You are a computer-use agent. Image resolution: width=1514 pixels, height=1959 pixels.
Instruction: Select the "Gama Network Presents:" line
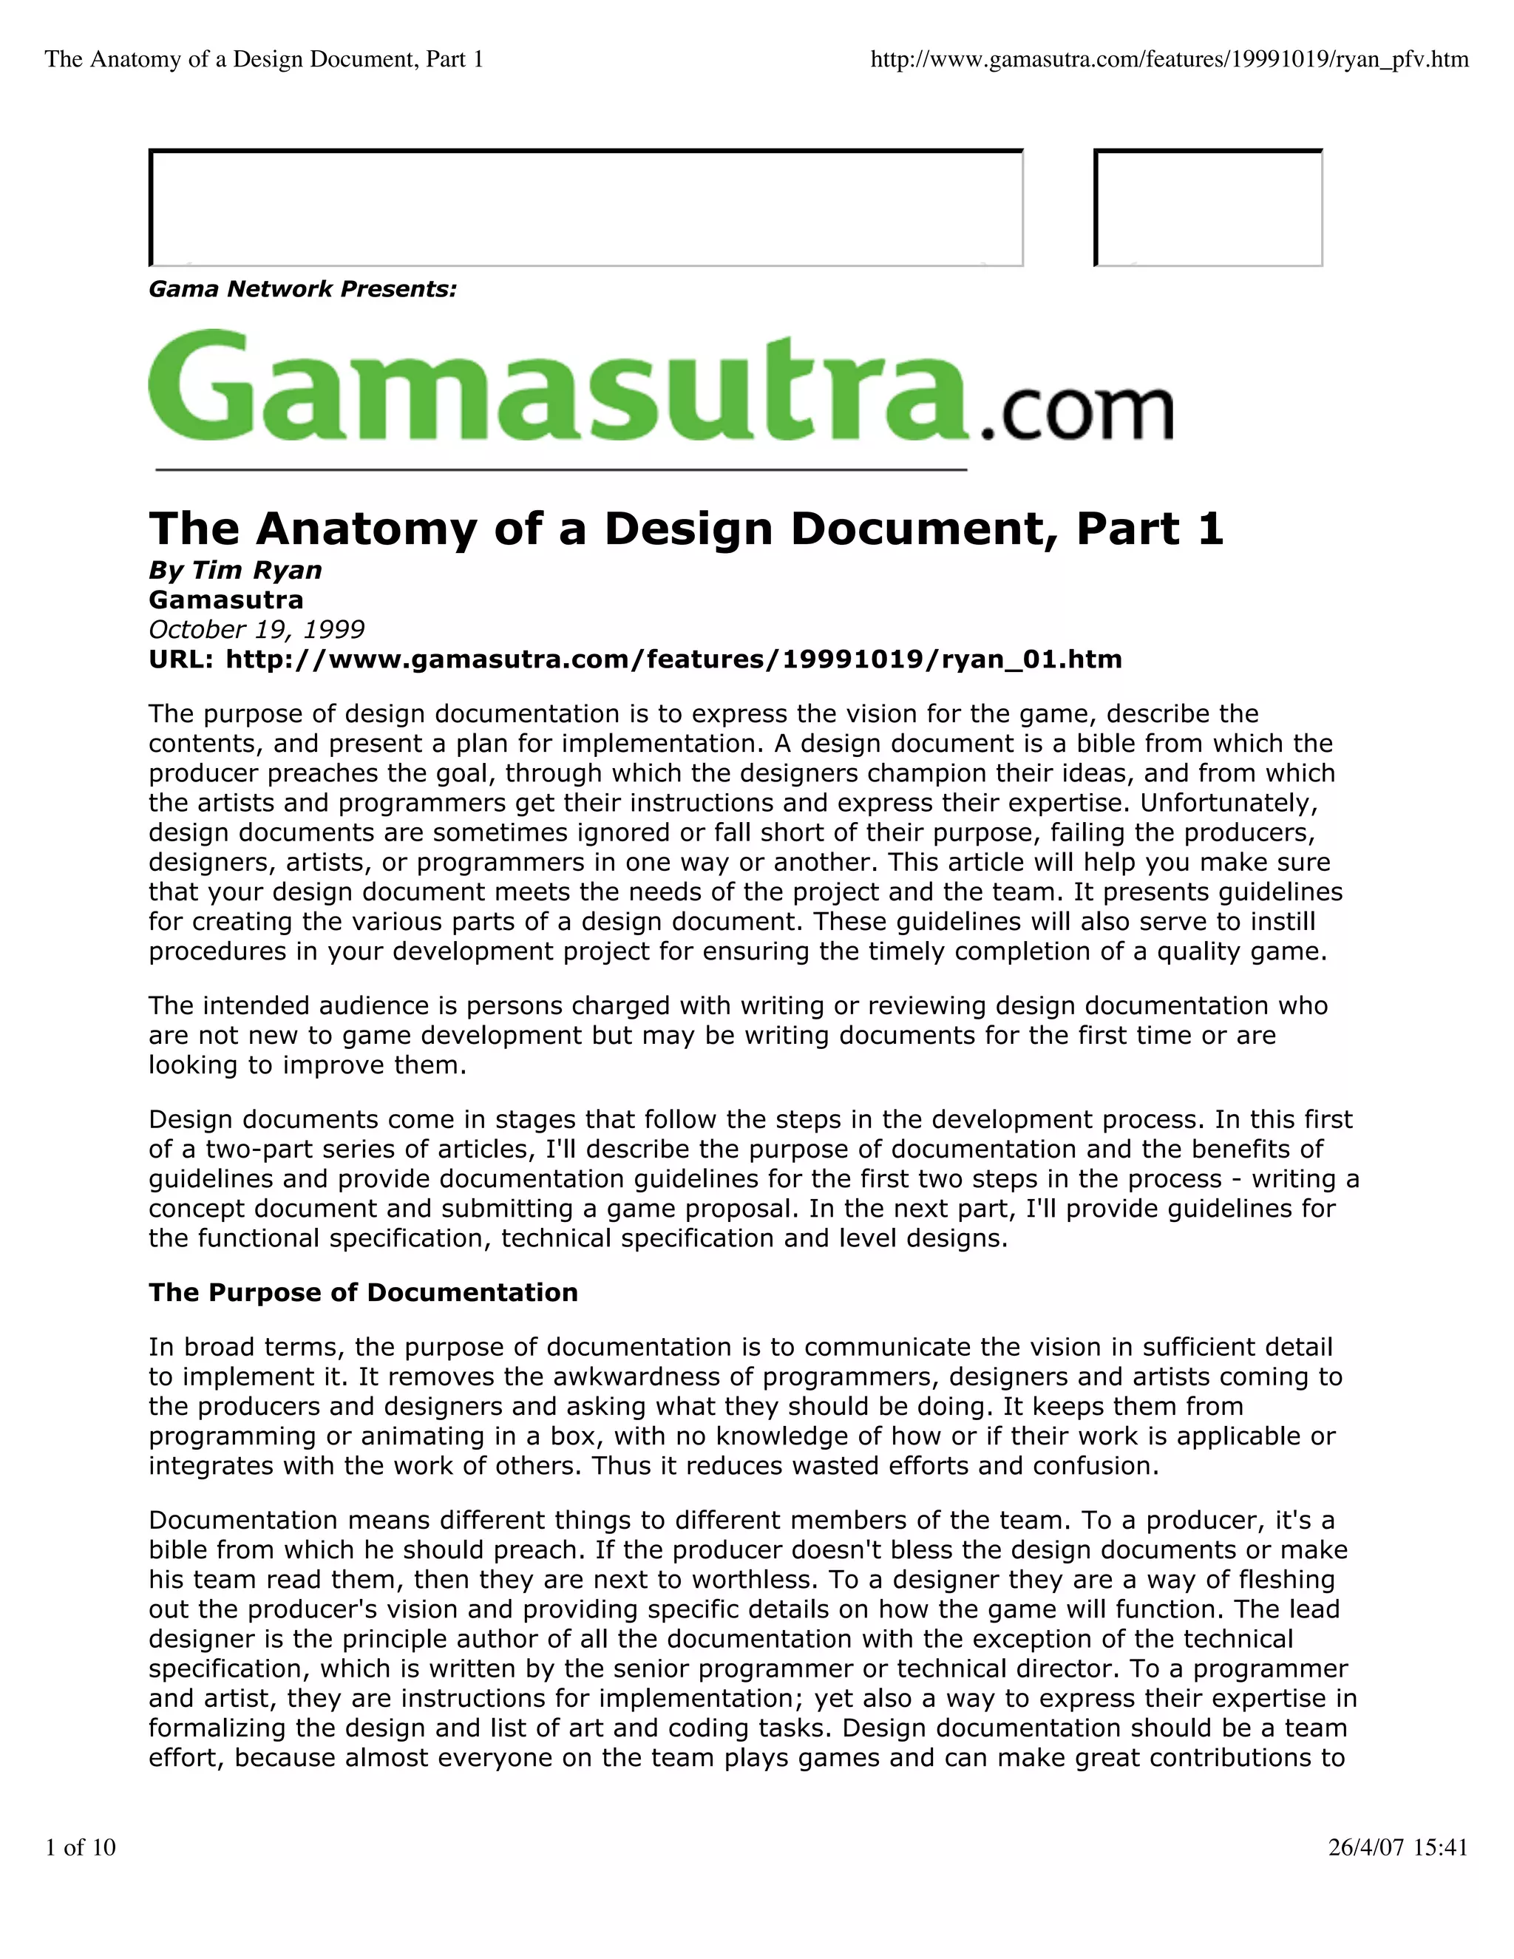click(302, 289)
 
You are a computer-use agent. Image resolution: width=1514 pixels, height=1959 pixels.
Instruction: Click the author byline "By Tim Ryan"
click(235, 571)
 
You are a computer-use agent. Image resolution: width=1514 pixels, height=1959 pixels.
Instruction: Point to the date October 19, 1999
click(257, 630)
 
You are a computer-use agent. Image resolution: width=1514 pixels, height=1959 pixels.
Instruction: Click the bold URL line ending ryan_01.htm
click(635, 659)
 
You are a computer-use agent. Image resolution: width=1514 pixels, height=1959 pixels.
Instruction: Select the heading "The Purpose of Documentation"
click(363, 1292)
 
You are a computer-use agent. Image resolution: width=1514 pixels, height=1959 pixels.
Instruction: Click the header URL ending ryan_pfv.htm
click(1169, 60)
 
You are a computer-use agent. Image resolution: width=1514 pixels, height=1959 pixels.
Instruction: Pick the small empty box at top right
click(1208, 208)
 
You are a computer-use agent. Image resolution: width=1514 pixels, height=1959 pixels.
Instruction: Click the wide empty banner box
click(586, 208)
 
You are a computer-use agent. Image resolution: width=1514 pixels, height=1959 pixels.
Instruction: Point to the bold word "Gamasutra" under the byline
click(226, 600)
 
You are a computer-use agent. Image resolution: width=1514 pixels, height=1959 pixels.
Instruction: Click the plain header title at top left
click(264, 60)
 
